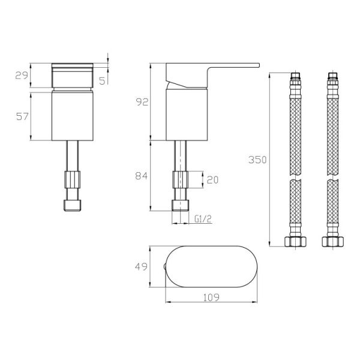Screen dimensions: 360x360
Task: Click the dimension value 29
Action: (x=22, y=76)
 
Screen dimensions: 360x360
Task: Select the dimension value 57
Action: (x=23, y=116)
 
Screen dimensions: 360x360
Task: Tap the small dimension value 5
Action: (x=102, y=80)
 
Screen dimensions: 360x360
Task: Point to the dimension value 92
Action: (x=142, y=102)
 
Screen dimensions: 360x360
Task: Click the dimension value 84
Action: (x=142, y=176)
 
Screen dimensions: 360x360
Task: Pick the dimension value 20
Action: (x=212, y=180)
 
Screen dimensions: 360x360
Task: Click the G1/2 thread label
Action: (x=203, y=219)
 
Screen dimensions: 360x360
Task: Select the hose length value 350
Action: (x=257, y=160)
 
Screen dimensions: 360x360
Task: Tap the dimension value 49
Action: (x=141, y=266)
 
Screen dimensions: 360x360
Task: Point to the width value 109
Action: (x=211, y=298)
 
